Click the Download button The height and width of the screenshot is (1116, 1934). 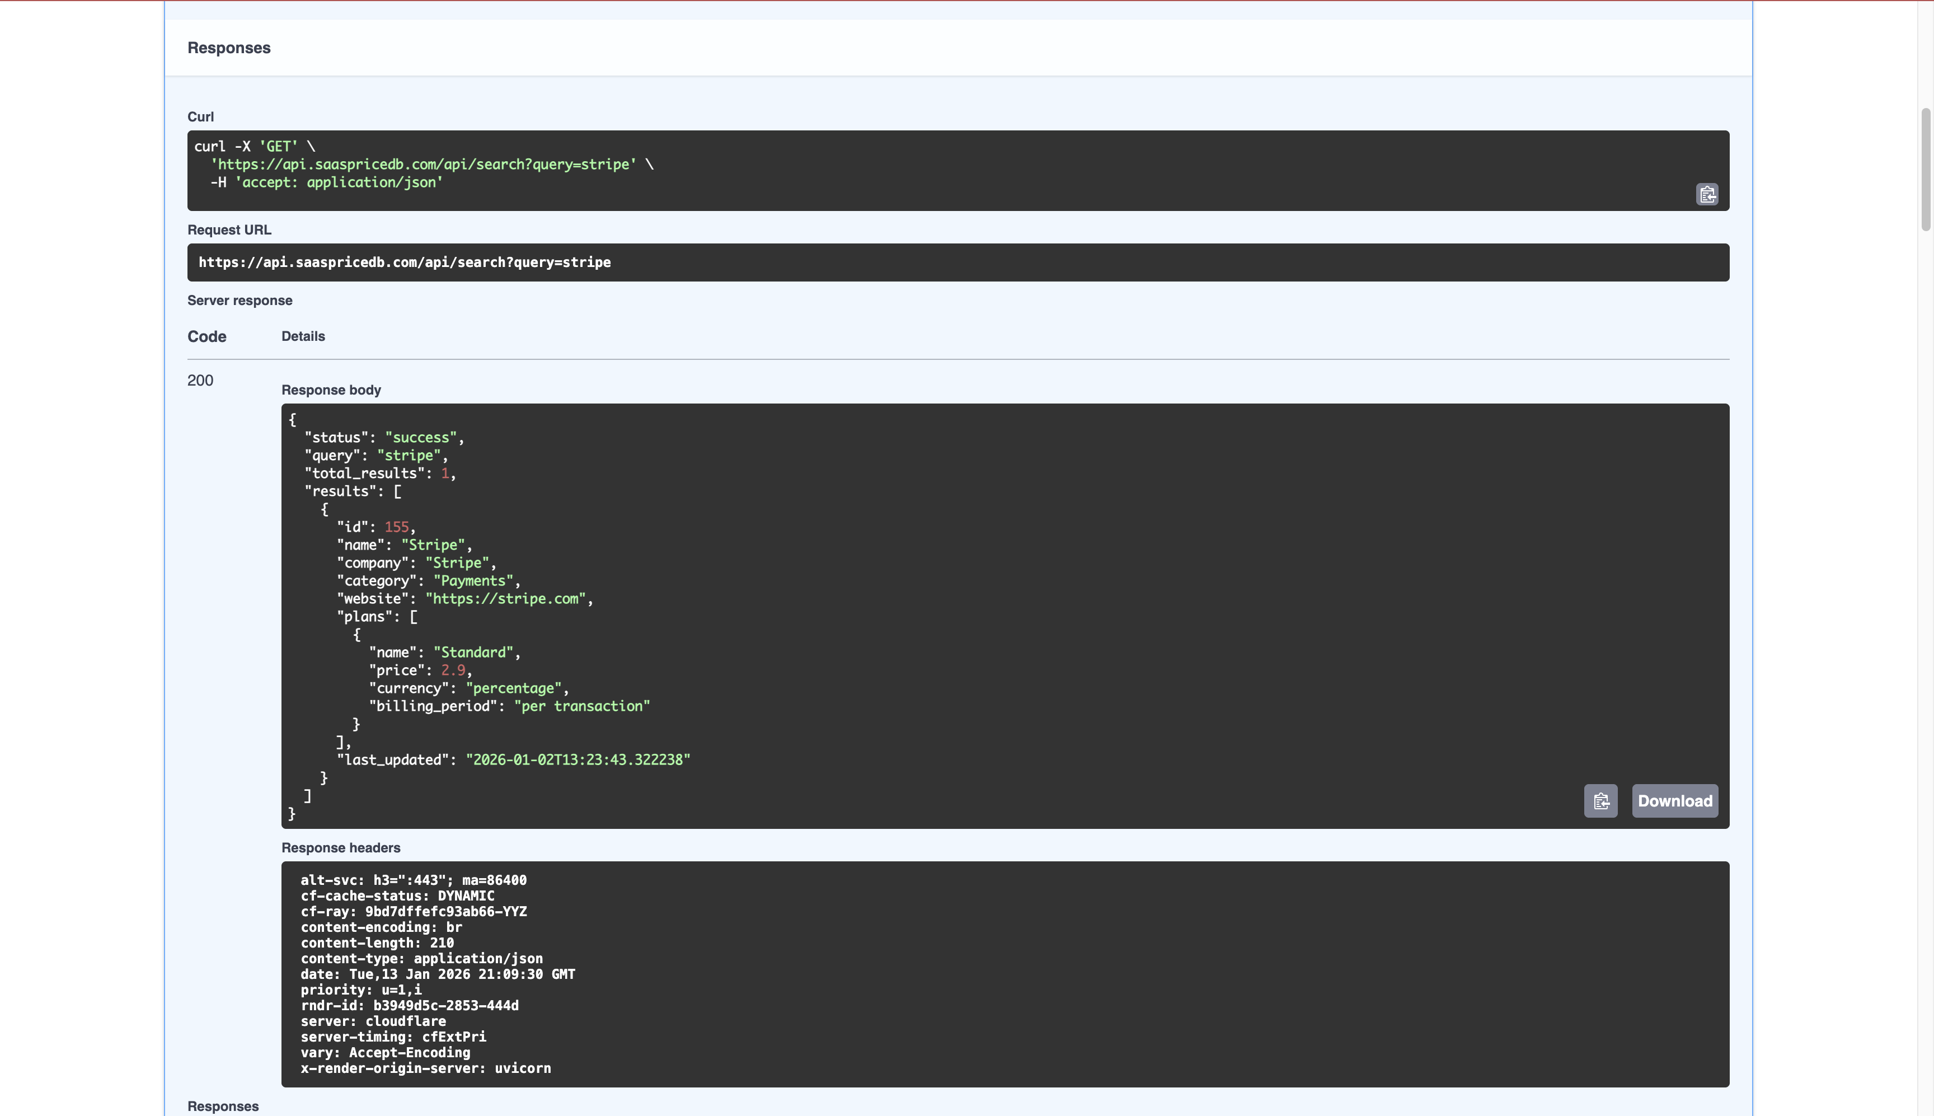coord(1674,801)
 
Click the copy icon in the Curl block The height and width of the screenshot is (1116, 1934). coord(1707,195)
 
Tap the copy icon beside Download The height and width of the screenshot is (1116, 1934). coord(1600,801)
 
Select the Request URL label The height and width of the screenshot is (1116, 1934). coord(229,230)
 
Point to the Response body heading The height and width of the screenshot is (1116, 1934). coord(331,390)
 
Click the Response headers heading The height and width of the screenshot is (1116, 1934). coord(341,848)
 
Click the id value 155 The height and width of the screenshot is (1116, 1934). coord(397,527)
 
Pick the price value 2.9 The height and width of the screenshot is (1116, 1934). coord(453,670)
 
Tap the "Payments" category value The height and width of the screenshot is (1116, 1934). coord(473,581)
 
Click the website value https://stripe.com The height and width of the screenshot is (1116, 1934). coord(506,599)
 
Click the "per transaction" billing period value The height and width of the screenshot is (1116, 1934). coord(581,706)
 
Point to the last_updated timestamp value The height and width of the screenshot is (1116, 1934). coord(578,759)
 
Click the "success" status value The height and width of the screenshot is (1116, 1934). coord(421,438)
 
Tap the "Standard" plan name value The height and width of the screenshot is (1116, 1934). coord(473,652)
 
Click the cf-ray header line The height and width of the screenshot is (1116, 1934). coord(414,911)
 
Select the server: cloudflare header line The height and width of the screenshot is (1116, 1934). coord(373,1021)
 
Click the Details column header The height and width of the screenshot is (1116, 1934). coord(303,336)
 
